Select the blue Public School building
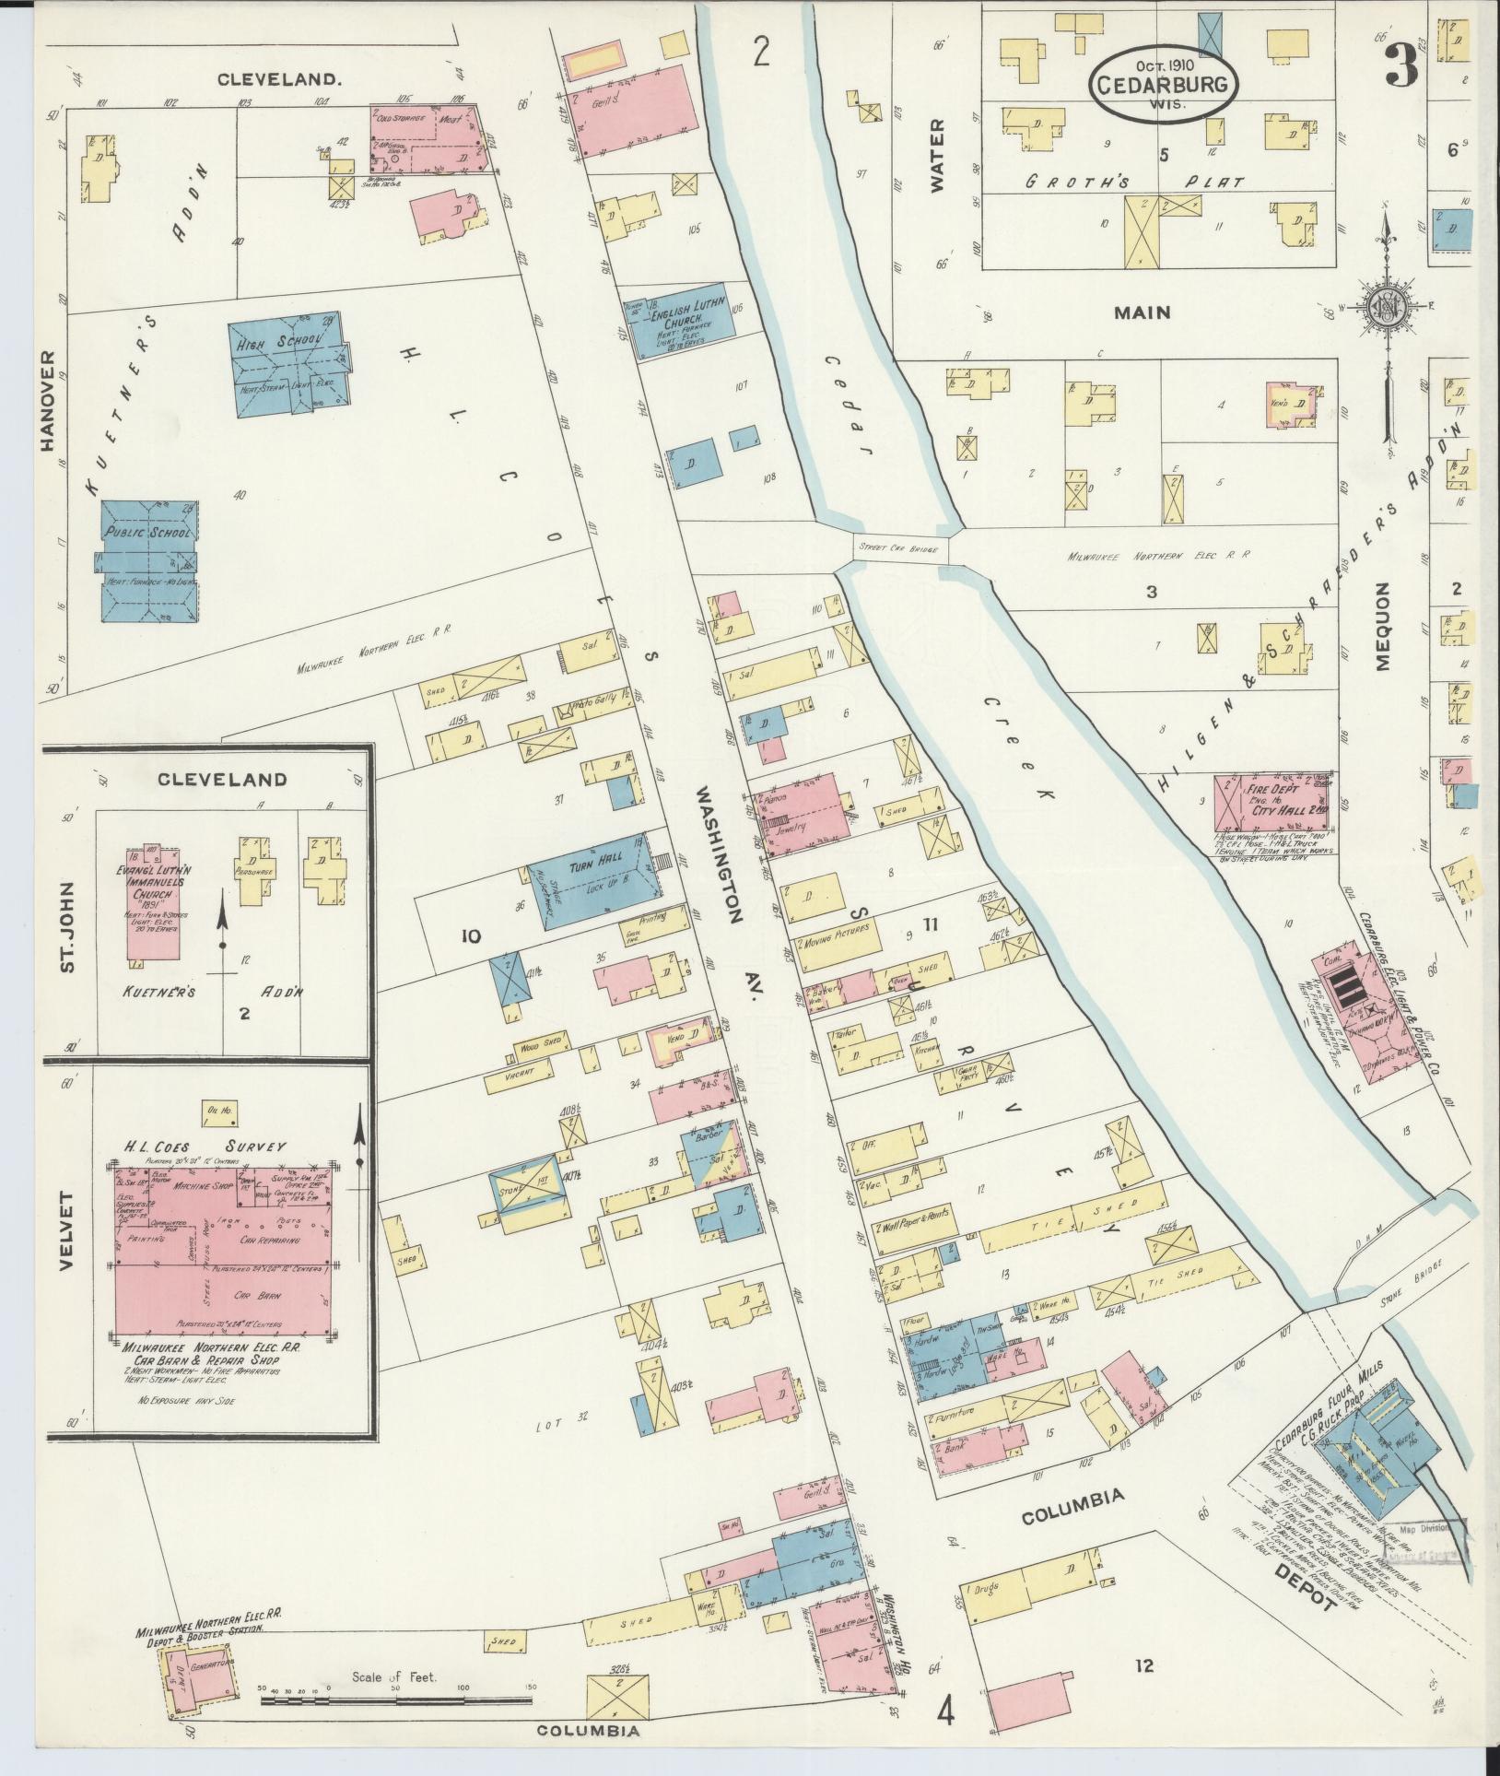[147, 560]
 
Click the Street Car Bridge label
[897, 548]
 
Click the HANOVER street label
[49, 401]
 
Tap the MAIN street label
[1142, 312]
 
